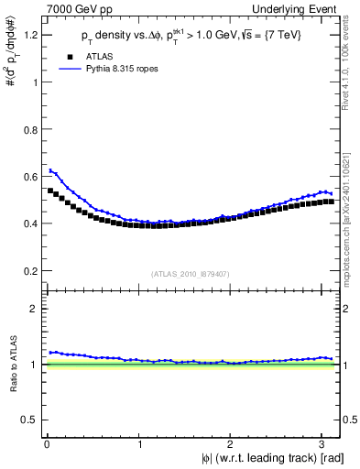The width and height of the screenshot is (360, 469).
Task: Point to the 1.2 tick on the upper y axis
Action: [x=32, y=35]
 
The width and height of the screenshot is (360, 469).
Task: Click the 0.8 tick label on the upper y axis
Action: [x=32, y=129]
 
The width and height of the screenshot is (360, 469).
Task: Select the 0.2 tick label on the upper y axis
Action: [x=32, y=271]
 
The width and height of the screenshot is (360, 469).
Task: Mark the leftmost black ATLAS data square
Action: [x=50, y=191]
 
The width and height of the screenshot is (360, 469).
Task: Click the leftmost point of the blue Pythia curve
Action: [x=50, y=170]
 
